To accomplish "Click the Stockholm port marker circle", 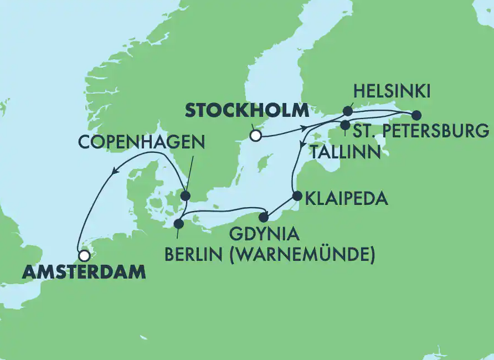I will pos(255,135).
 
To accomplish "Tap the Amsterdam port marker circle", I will pos(84,256).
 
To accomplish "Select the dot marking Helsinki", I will pos(348,110).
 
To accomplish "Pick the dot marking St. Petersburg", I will pos(416,115).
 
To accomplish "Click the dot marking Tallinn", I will pos(345,124).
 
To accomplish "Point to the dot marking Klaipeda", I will pos(297,196).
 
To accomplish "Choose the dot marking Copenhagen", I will pos(185,196).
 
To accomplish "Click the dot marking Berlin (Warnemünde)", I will pos(178,224).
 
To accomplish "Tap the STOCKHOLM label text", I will pos(246,110).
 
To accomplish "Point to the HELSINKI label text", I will pos(391,91).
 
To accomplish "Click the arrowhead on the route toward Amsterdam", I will pos(114,172).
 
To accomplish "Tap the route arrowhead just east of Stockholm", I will pos(305,128).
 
